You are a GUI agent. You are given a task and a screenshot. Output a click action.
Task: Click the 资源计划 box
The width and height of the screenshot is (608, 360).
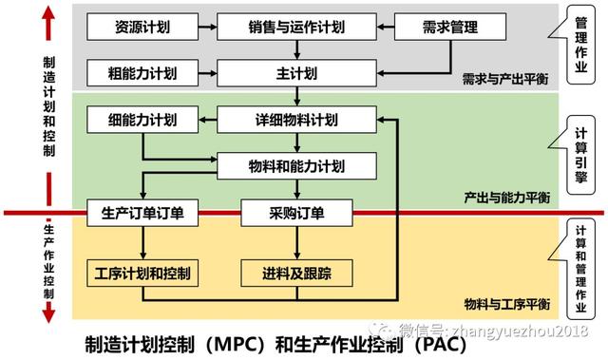[x=142, y=27]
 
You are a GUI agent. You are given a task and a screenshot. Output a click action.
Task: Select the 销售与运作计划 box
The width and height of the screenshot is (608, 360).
[x=297, y=27]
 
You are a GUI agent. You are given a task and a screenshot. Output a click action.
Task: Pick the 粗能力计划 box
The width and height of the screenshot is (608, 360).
[x=142, y=72]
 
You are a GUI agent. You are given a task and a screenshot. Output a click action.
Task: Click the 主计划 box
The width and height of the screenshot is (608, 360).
[x=297, y=72]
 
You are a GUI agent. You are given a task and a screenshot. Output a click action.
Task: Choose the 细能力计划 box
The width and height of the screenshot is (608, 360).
[x=142, y=120]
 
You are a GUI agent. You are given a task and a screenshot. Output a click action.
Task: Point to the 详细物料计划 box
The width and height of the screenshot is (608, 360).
[x=297, y=120]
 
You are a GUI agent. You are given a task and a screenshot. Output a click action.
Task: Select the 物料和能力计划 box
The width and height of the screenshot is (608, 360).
[x=297, y=165]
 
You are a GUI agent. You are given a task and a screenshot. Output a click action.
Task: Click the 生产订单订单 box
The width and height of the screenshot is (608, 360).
[x=142, y=213]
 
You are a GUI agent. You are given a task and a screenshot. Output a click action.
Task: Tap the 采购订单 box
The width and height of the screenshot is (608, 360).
[x=297, y=213]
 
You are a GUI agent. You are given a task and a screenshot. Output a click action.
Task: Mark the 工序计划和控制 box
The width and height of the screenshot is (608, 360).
[x=142, y=274]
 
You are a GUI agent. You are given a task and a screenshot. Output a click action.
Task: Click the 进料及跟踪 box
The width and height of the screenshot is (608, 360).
[x=297, y=274]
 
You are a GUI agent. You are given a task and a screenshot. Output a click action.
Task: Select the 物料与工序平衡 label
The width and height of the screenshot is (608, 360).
[x=504, y=304]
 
